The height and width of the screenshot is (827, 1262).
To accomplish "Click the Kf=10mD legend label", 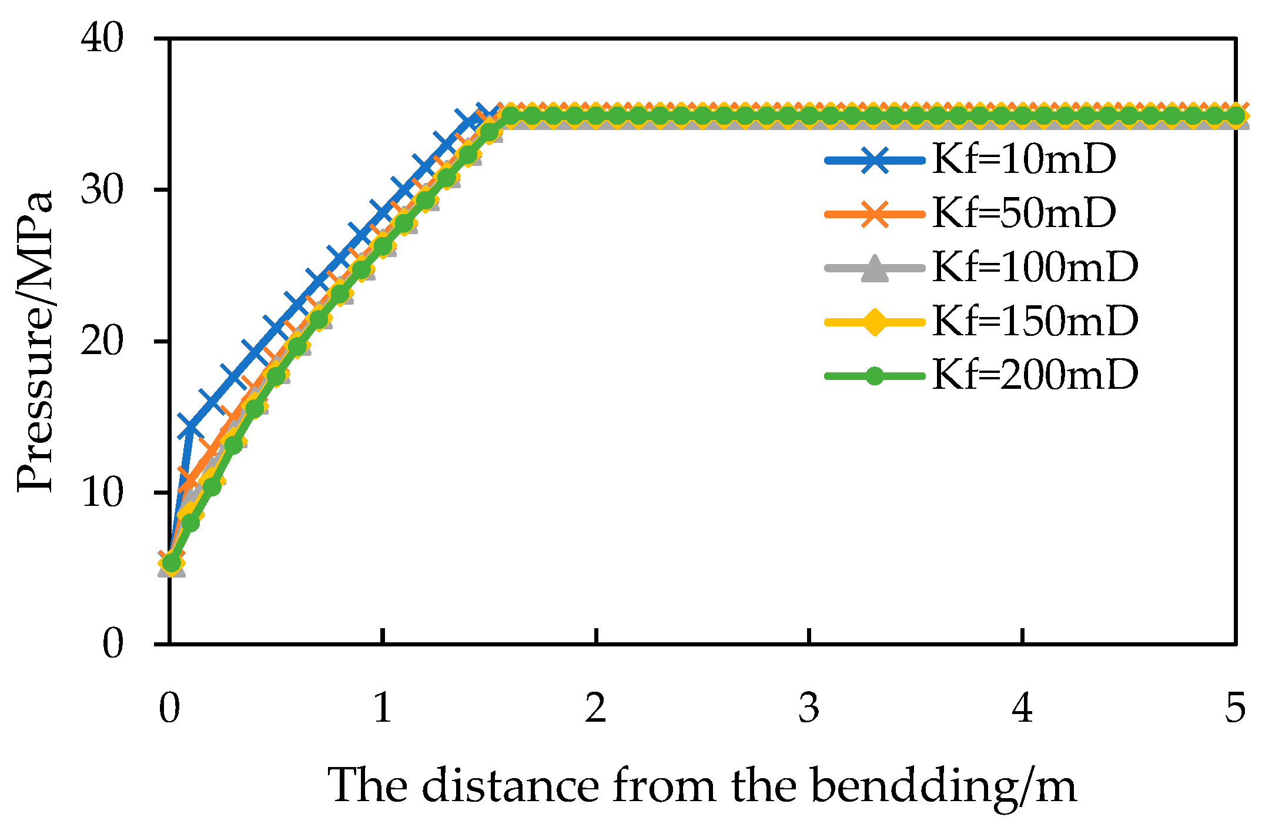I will coord(1023,159).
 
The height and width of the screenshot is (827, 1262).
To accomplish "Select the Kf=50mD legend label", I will coord(1023,213).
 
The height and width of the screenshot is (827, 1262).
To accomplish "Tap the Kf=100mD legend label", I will coord(1035,267).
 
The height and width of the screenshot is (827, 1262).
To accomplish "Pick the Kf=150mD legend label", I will coord(1035,321).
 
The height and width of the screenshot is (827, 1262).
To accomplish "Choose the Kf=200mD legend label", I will coord(1035,375).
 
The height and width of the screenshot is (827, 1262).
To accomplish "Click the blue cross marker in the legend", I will coord(875,160).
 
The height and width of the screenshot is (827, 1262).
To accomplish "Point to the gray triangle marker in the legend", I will coord(875,269).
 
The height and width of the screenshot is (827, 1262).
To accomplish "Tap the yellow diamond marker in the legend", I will coord(875,322).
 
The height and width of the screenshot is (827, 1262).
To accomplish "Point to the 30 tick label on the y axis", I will coord(102,190).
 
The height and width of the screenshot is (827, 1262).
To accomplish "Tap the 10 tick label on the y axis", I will coord(102,492).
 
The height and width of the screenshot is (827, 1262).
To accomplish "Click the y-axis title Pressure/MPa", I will coord(35,341).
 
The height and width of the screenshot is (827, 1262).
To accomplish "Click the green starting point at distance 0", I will coord(170,563).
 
